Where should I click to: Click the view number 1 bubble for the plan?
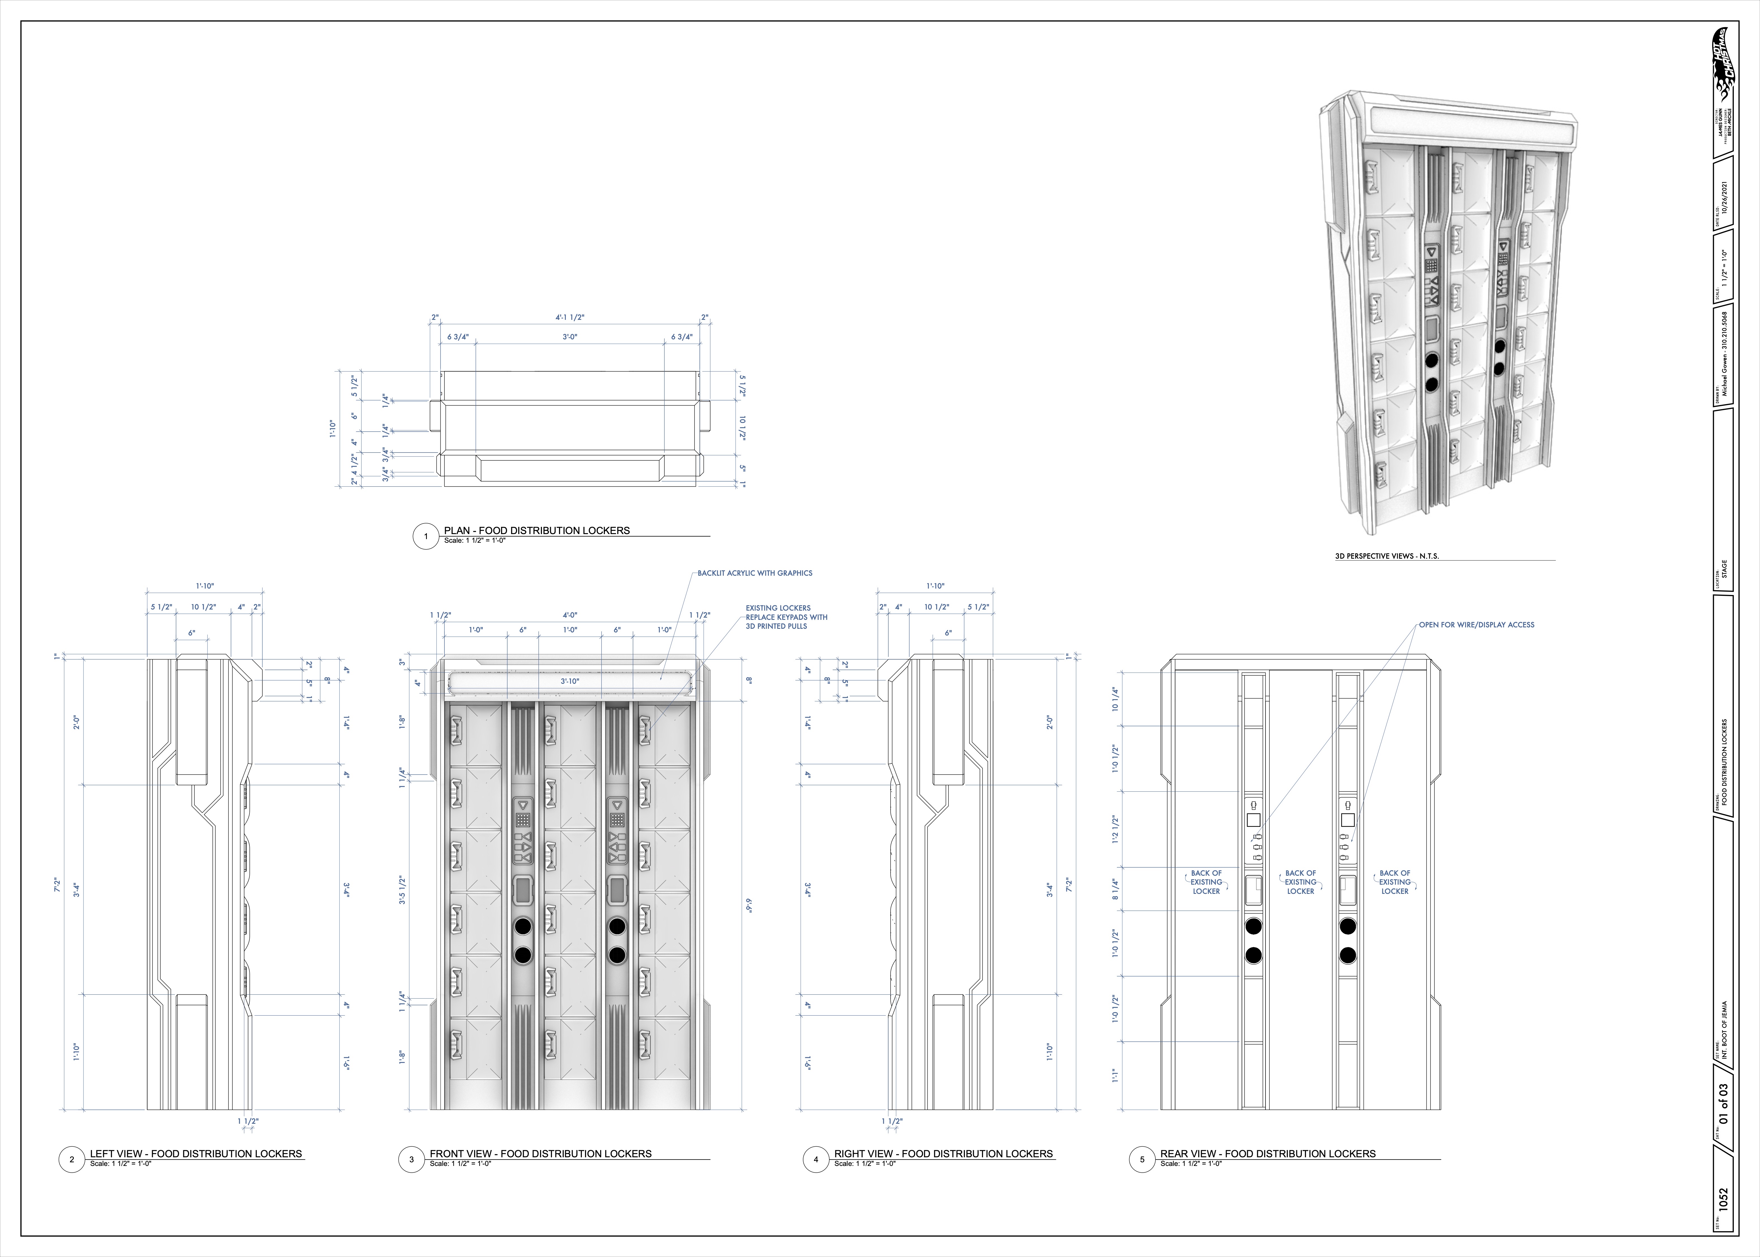click(x=426, y=536)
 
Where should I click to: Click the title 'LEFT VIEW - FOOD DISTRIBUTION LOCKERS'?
click(x=196, y=1153)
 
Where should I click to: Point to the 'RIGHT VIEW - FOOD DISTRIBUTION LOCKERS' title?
click(x=943, y=1153)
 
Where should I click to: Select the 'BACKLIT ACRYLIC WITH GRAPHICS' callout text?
click(x=755, y=573)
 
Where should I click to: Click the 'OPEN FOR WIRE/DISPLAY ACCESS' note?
click(x=1476, y=625)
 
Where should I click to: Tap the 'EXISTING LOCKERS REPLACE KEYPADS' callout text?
click(x=786, y=617)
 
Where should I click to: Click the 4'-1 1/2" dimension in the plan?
click(x=570, y=317)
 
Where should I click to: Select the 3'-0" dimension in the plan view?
click(x=570, y=337)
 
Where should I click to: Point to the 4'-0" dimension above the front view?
click(x=570, y=615)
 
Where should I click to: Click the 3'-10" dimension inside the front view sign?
click(x=570, y=681)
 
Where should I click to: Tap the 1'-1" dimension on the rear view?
click(x=1115, y=1076)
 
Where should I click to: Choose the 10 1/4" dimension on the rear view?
click(x=1115, y=699)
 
